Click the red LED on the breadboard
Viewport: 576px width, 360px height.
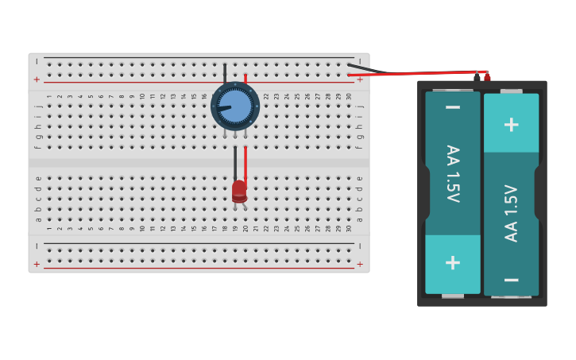(239, 192)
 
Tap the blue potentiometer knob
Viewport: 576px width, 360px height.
(235, 106)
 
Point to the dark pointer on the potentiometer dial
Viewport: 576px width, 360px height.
(222, 108)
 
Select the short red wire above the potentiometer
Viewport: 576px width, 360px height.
(245, 78)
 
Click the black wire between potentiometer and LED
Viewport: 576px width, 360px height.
(235, 162)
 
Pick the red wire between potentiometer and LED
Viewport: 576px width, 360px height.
(245, 162)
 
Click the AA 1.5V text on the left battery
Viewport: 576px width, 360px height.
(452, 173)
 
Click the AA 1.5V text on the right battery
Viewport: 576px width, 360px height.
(512, 213)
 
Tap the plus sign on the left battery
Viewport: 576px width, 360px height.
(452, 262)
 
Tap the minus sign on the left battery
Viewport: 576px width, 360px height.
(452, 107)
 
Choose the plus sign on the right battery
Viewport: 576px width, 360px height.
(512, 124)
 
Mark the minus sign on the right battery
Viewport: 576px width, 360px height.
(512, 280)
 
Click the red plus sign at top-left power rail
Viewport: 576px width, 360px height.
(37, 79)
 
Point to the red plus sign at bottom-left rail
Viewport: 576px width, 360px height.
(37, 264)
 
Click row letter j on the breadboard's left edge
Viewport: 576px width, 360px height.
(38, 105)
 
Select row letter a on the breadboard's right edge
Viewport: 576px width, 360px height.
(359, 219)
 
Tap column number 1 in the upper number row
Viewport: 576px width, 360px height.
(49, 96)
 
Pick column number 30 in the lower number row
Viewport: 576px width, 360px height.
(349, 229)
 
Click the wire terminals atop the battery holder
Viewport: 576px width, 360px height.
(482, 76)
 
